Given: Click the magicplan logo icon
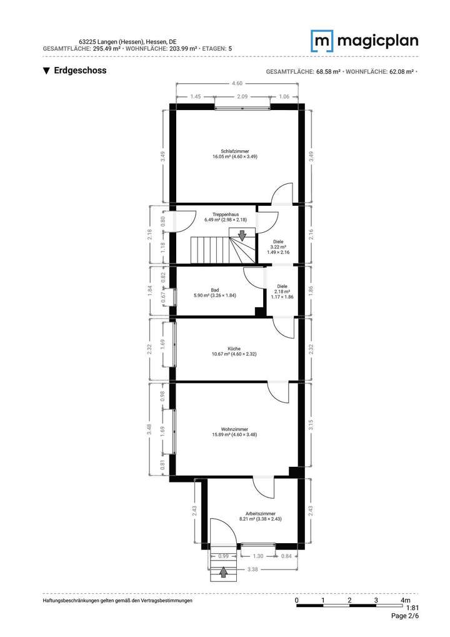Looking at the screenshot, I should [322, 41].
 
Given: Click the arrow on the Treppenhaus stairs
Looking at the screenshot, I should [242, 234].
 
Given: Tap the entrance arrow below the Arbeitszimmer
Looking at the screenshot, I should [224, 571].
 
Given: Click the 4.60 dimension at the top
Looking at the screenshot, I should [237, 83].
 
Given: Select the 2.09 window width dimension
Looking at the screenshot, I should [242, 97].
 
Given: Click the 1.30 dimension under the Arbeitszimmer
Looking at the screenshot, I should [257, 556].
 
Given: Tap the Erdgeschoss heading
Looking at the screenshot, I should [80, 71].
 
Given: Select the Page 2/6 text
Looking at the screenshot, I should [404, 616].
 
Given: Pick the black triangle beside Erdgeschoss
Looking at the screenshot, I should [46, 71].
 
